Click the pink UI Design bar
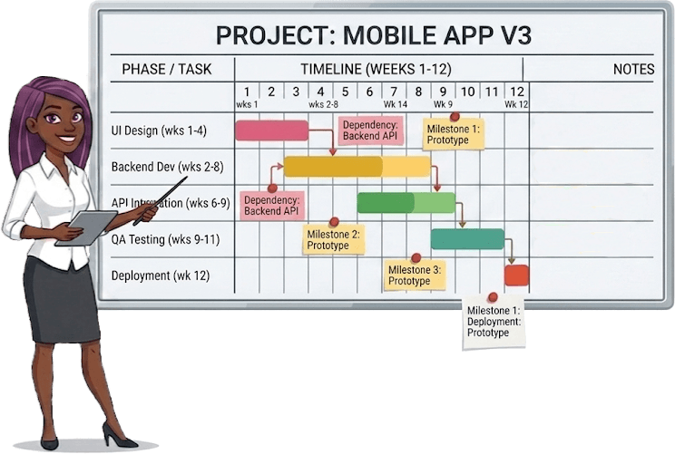(271, 130)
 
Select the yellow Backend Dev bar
(357, 167)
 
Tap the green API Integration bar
(406, 203)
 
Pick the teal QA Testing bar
(467, 239)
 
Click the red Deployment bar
(516, 275)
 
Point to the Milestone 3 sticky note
(416, 275)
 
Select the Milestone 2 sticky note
(334, 239)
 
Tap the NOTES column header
(633, 70)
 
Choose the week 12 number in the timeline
(516, 92)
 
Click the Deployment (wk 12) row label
(160, 275)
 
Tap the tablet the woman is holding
(86, 227)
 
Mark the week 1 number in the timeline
(247, 92)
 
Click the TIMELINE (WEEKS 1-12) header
(376, 70)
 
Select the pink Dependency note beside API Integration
(271, 205)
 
